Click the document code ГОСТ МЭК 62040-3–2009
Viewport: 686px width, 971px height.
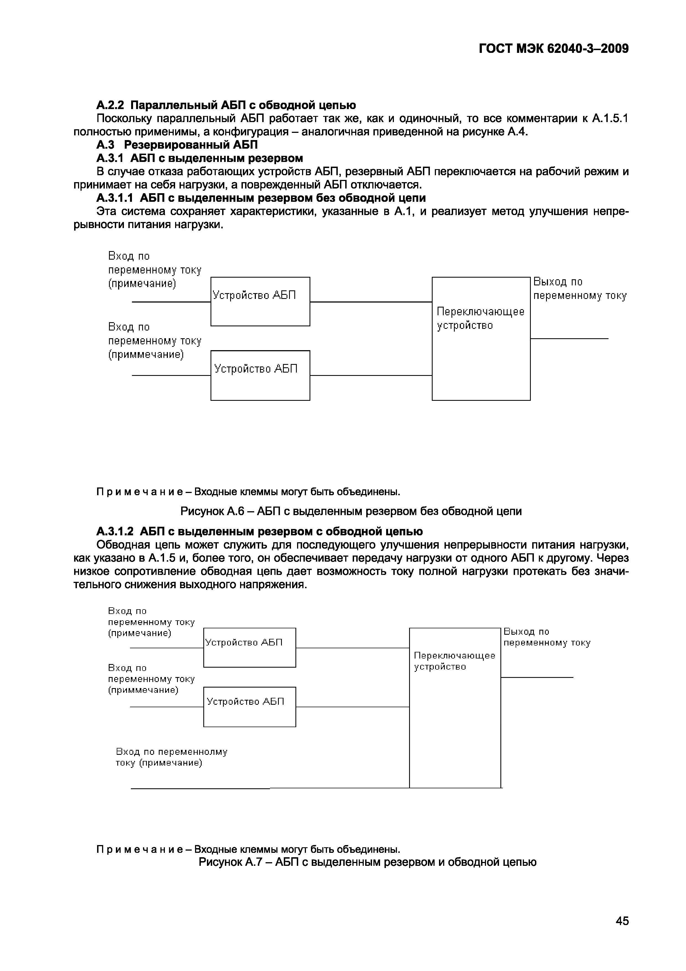(x=554, y=49)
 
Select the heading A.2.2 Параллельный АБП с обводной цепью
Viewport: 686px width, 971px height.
(x=226, y=105)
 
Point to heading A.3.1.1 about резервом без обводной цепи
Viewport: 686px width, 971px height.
(x=261, y=198)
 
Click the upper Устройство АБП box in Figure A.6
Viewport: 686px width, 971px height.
(x=260, y=301)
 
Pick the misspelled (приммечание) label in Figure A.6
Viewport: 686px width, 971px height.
(x=146, y=354)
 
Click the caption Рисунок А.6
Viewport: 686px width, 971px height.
(x=351, y=511)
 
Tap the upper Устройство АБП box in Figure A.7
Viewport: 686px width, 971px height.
(x=250, y=647)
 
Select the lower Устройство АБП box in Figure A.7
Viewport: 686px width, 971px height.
(x=250, y=707)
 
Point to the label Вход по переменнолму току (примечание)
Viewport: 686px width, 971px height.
(x=171, y=757)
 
